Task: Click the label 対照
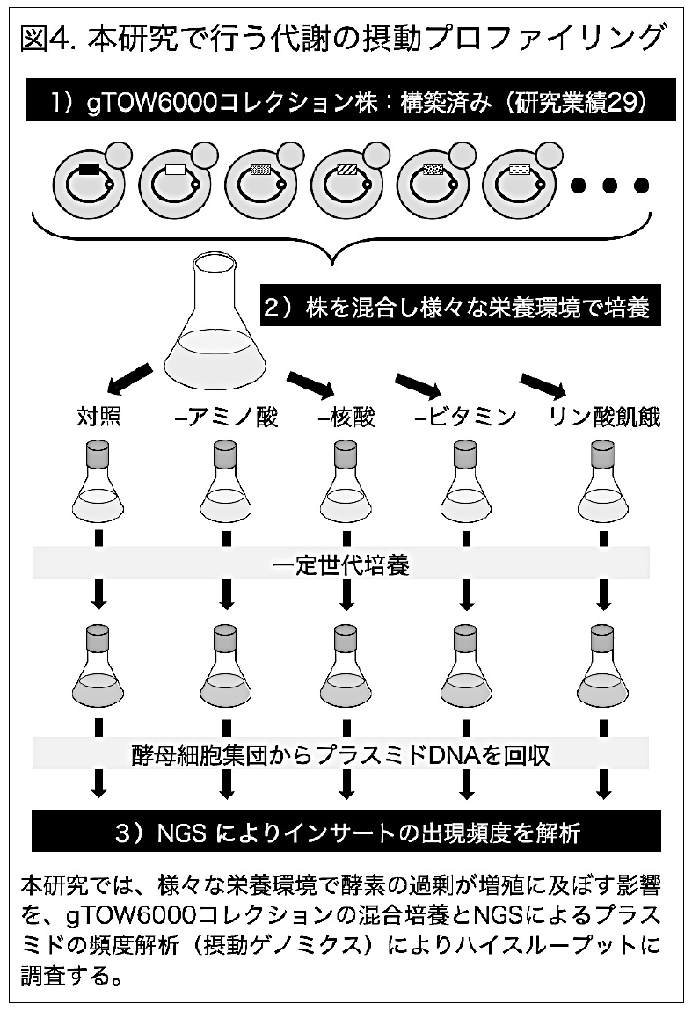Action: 98,417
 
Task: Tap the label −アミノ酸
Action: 227,417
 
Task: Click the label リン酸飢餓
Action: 603,417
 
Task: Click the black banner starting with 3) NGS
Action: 346,831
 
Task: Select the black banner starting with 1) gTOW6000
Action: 346,102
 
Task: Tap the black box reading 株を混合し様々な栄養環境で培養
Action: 455,309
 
